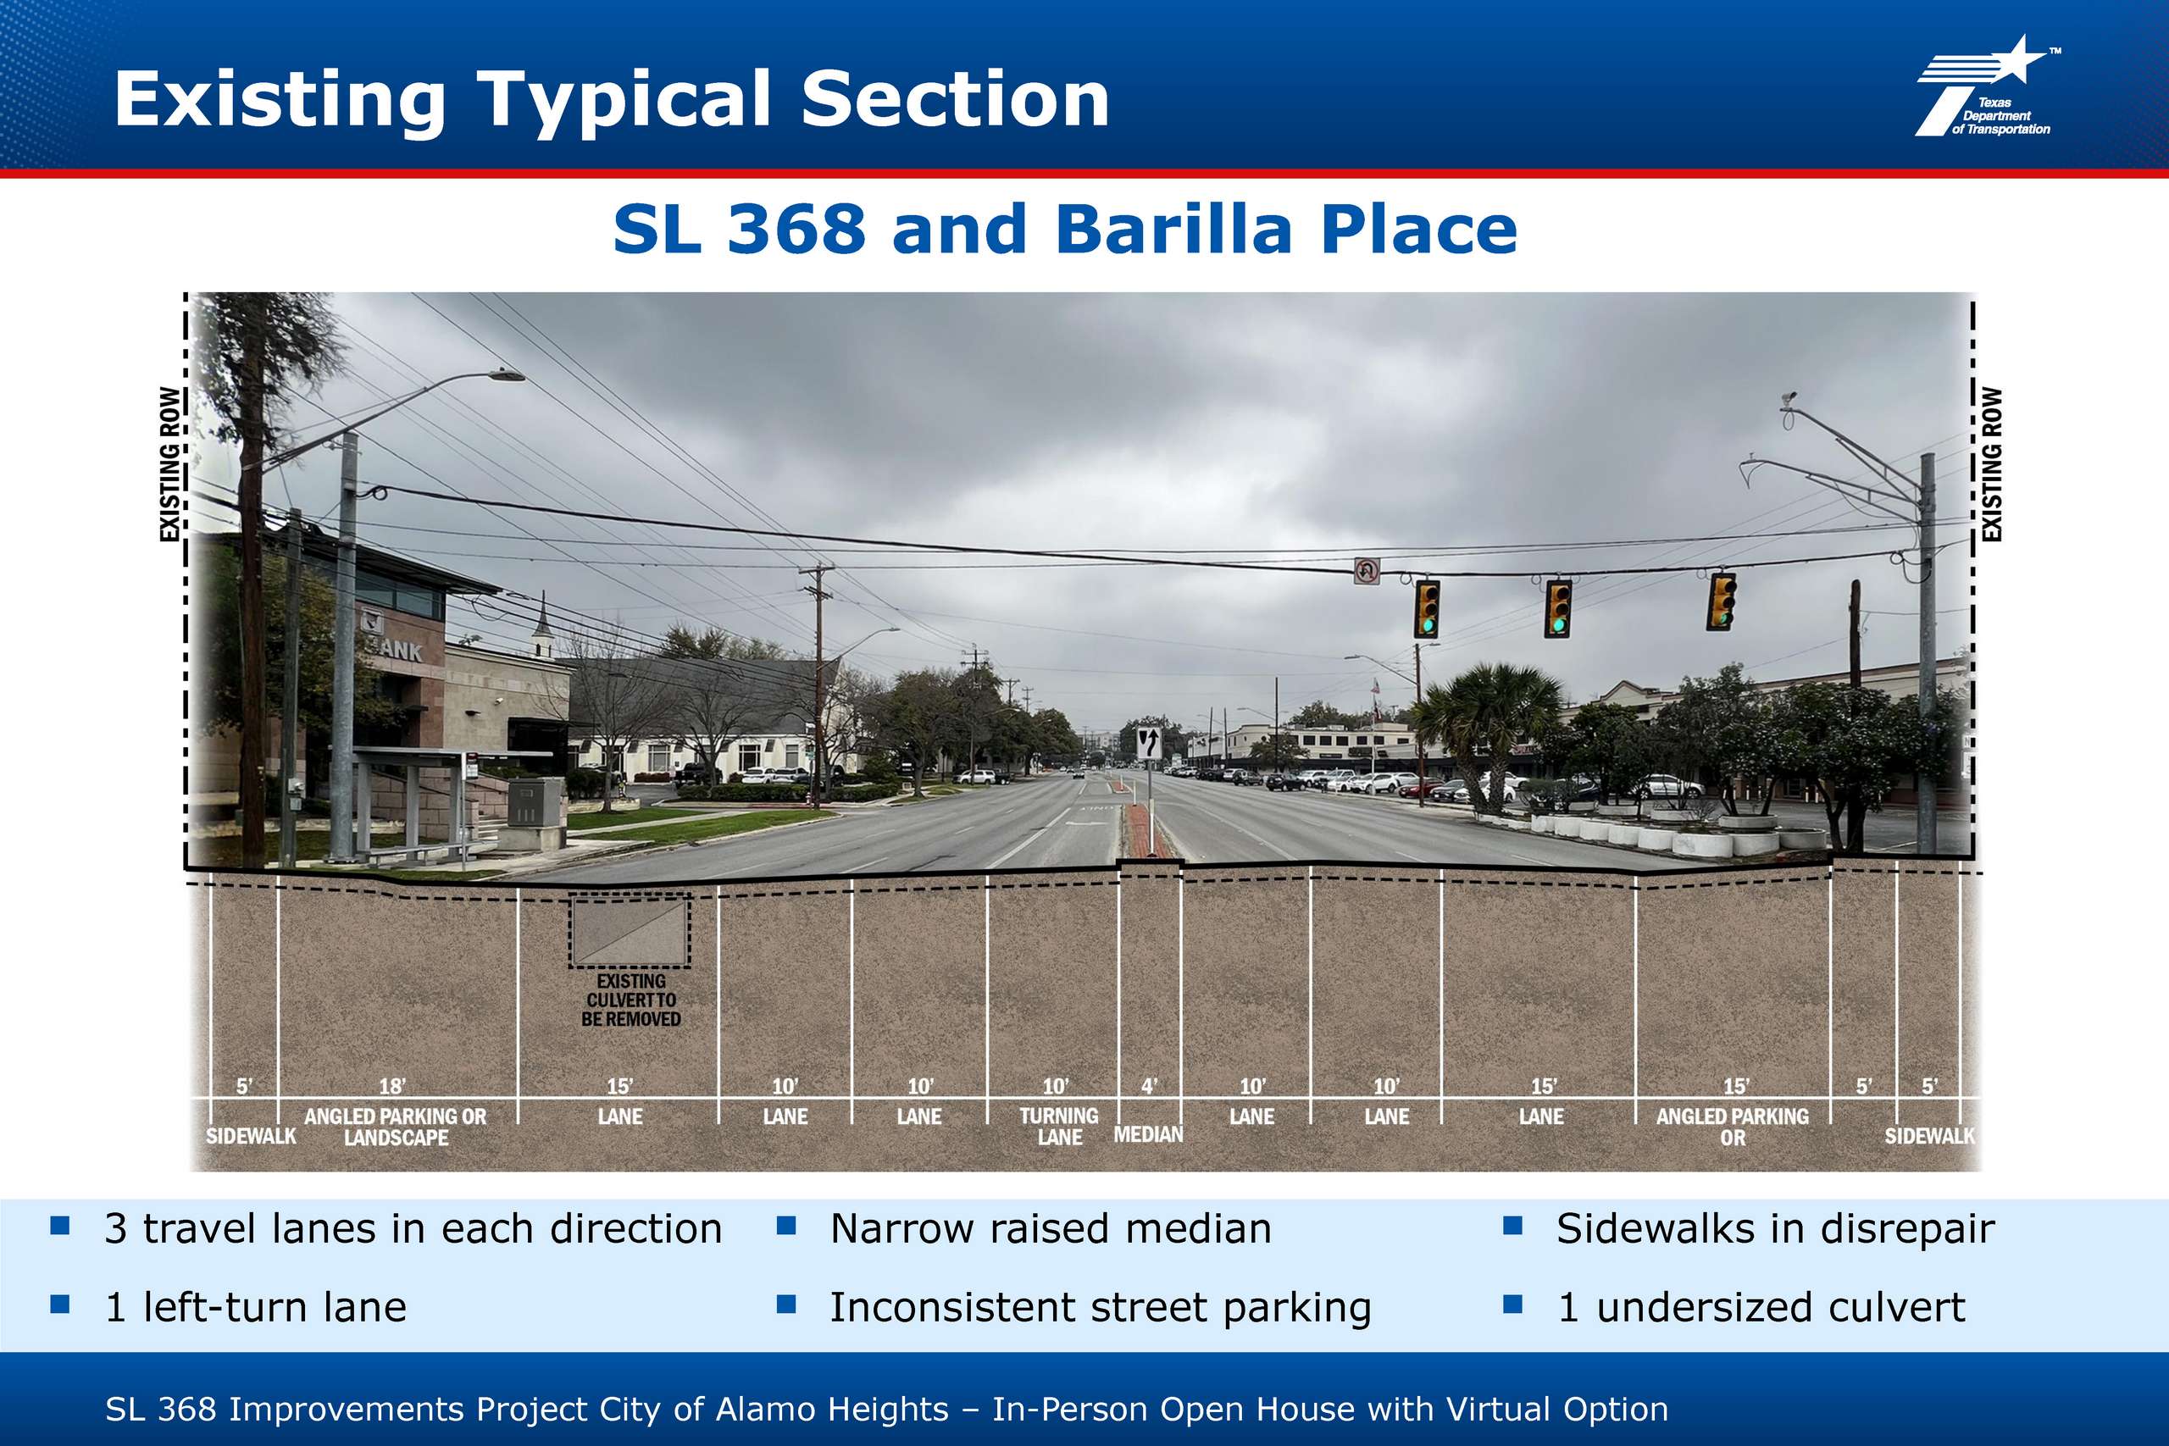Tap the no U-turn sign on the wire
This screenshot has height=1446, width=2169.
pyautogui.click(x=1366, y=571)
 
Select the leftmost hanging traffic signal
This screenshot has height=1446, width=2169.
pyautogui.click(x=1427, y=609)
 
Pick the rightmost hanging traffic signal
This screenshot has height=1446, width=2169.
pyautogui.click(x=1721, y=601)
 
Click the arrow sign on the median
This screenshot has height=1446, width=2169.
pyautogui.click(x=1148, y=742)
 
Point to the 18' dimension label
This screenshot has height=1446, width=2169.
pyautogui.click(x=392, y=1086)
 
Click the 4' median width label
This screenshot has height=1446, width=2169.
pyautogui.click(x=1148, y=1086)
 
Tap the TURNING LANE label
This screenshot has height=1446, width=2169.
pyautogui.click(x=1059, y=1126)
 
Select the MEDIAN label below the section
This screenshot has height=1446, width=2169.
pyautogui.click(x=1148, y=1133)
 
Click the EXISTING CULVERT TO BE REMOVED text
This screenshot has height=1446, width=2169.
pyautogui.click(x=630, y=1000)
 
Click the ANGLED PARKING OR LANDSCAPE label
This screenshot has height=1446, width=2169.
pyautogui.click(x=396, y=1126)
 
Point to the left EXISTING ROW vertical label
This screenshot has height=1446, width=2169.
pyautogui.click(x=169, y=464)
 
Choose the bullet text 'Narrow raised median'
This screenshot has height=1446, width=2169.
pyautogui.click(x=1051, y=1228)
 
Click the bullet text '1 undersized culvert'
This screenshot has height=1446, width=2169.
pyautogui.click(x=1761, y=1308)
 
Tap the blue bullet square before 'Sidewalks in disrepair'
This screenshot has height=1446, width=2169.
pyautogui.click(x=1512, y=1226)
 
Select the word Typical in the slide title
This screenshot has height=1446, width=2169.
pyautogui.click(x=624, y=102)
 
